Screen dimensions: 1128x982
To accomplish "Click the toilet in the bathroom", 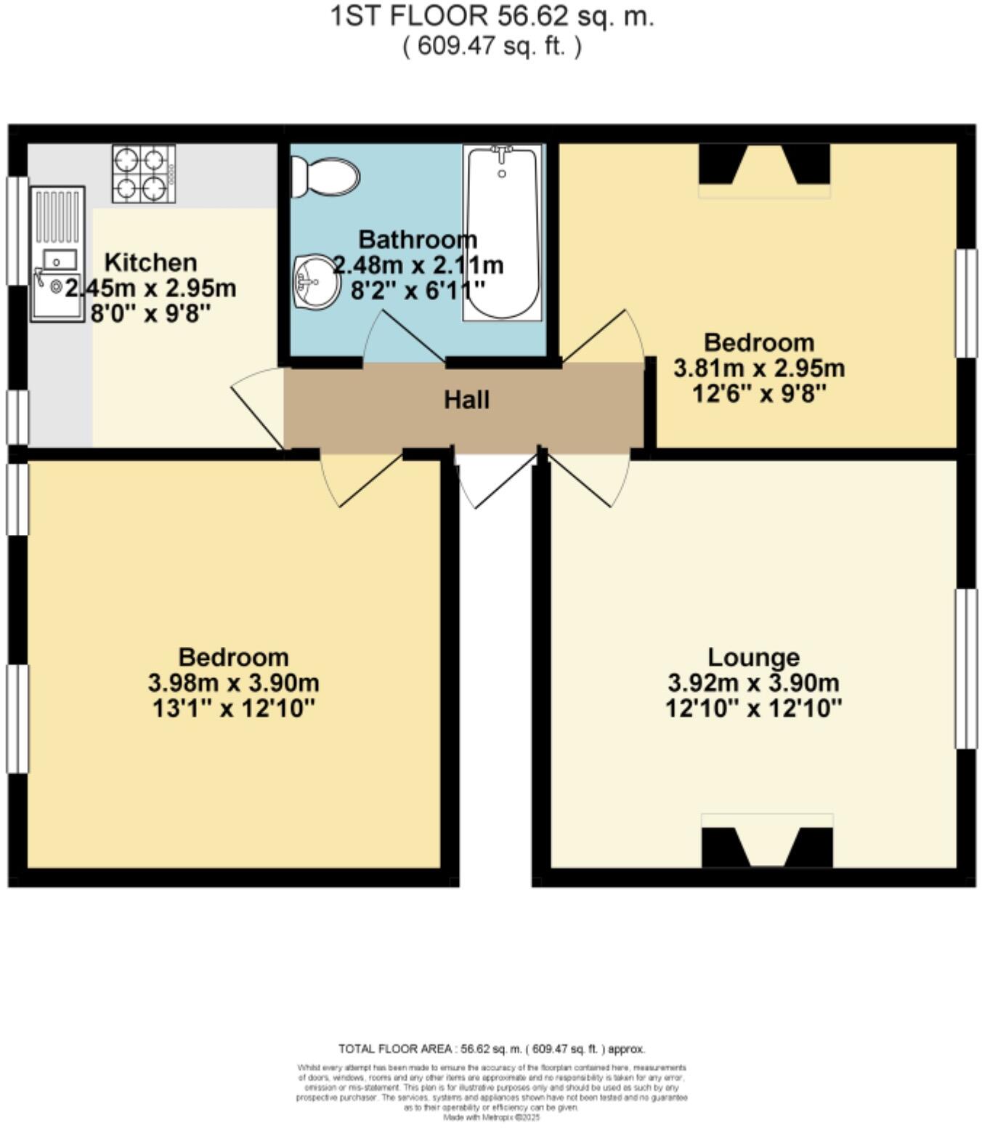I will point(325,177).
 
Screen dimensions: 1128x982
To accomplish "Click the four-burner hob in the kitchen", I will point(144,174).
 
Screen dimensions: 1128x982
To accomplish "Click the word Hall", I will point(466,400).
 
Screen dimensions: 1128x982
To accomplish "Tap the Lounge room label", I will point(753,657).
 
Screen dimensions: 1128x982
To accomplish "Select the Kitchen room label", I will point(150,262).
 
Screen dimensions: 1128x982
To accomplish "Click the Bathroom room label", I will point(418,239).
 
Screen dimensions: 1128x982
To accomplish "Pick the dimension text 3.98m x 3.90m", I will point(233,683).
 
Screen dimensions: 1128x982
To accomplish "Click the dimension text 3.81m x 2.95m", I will point(759,368).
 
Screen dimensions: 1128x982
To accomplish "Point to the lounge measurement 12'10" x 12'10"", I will point(753,708).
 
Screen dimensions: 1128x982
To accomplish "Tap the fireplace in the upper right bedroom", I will point(764,166).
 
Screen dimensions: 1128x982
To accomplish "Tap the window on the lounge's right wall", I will point(965,669).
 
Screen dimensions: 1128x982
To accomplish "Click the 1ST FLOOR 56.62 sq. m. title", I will point(492,16).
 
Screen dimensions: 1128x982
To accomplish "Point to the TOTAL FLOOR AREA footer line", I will point(491,1049).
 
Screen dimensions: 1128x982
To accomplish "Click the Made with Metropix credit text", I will point(492,1118).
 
